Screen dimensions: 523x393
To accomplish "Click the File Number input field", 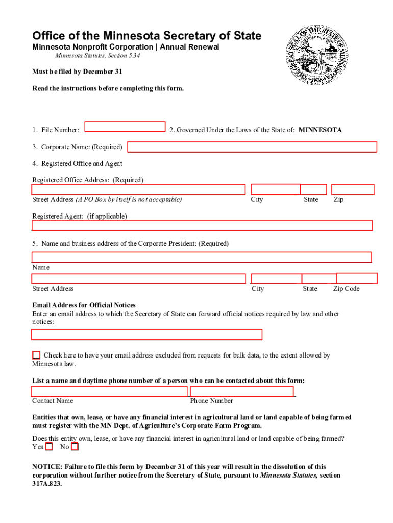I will pyautogui.click(x=125, y=126).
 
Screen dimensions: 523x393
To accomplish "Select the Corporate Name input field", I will pyautogui.click(x=252, y=147).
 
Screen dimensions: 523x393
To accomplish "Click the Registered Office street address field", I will pyautogui.click(x=139, y=189).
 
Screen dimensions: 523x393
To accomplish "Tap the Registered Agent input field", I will pyautogui.click(x=202, y=225).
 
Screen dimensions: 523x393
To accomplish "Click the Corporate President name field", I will pyautogui.click(x=202, y=257).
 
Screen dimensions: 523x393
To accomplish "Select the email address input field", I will pyautogui.click(x=146, y=335).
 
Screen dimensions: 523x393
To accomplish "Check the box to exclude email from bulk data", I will pyautogui.click(x=36, y=355).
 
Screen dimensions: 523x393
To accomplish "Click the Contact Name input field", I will pyautogui.click(x=109, y=391).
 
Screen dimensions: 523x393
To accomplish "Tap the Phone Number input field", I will pyautogui.click(x=242, y=391).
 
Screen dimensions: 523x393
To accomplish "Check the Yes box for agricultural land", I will pyautogui.click(x=49, y=447).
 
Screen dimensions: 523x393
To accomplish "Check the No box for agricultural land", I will pyautogui.click(x=75, y=447).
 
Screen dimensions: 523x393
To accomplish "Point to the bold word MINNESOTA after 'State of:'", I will pyautogui.click(x=320, y=130).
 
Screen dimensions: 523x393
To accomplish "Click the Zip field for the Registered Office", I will pyautogui.click(x=353, y=189).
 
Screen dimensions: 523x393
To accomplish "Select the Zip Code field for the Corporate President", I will pyautogui.click(x=357, y=278).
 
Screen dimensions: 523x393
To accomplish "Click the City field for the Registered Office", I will pyautogui.click(x=276, y=189).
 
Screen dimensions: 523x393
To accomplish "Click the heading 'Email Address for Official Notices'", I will pyautogui.click(x=84, y=305).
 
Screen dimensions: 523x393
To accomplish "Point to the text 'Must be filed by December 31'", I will pyautogui.click(x=77, y=72).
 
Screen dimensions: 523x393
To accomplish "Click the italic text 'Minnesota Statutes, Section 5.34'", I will pyautogui.click(x=97, y=56).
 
